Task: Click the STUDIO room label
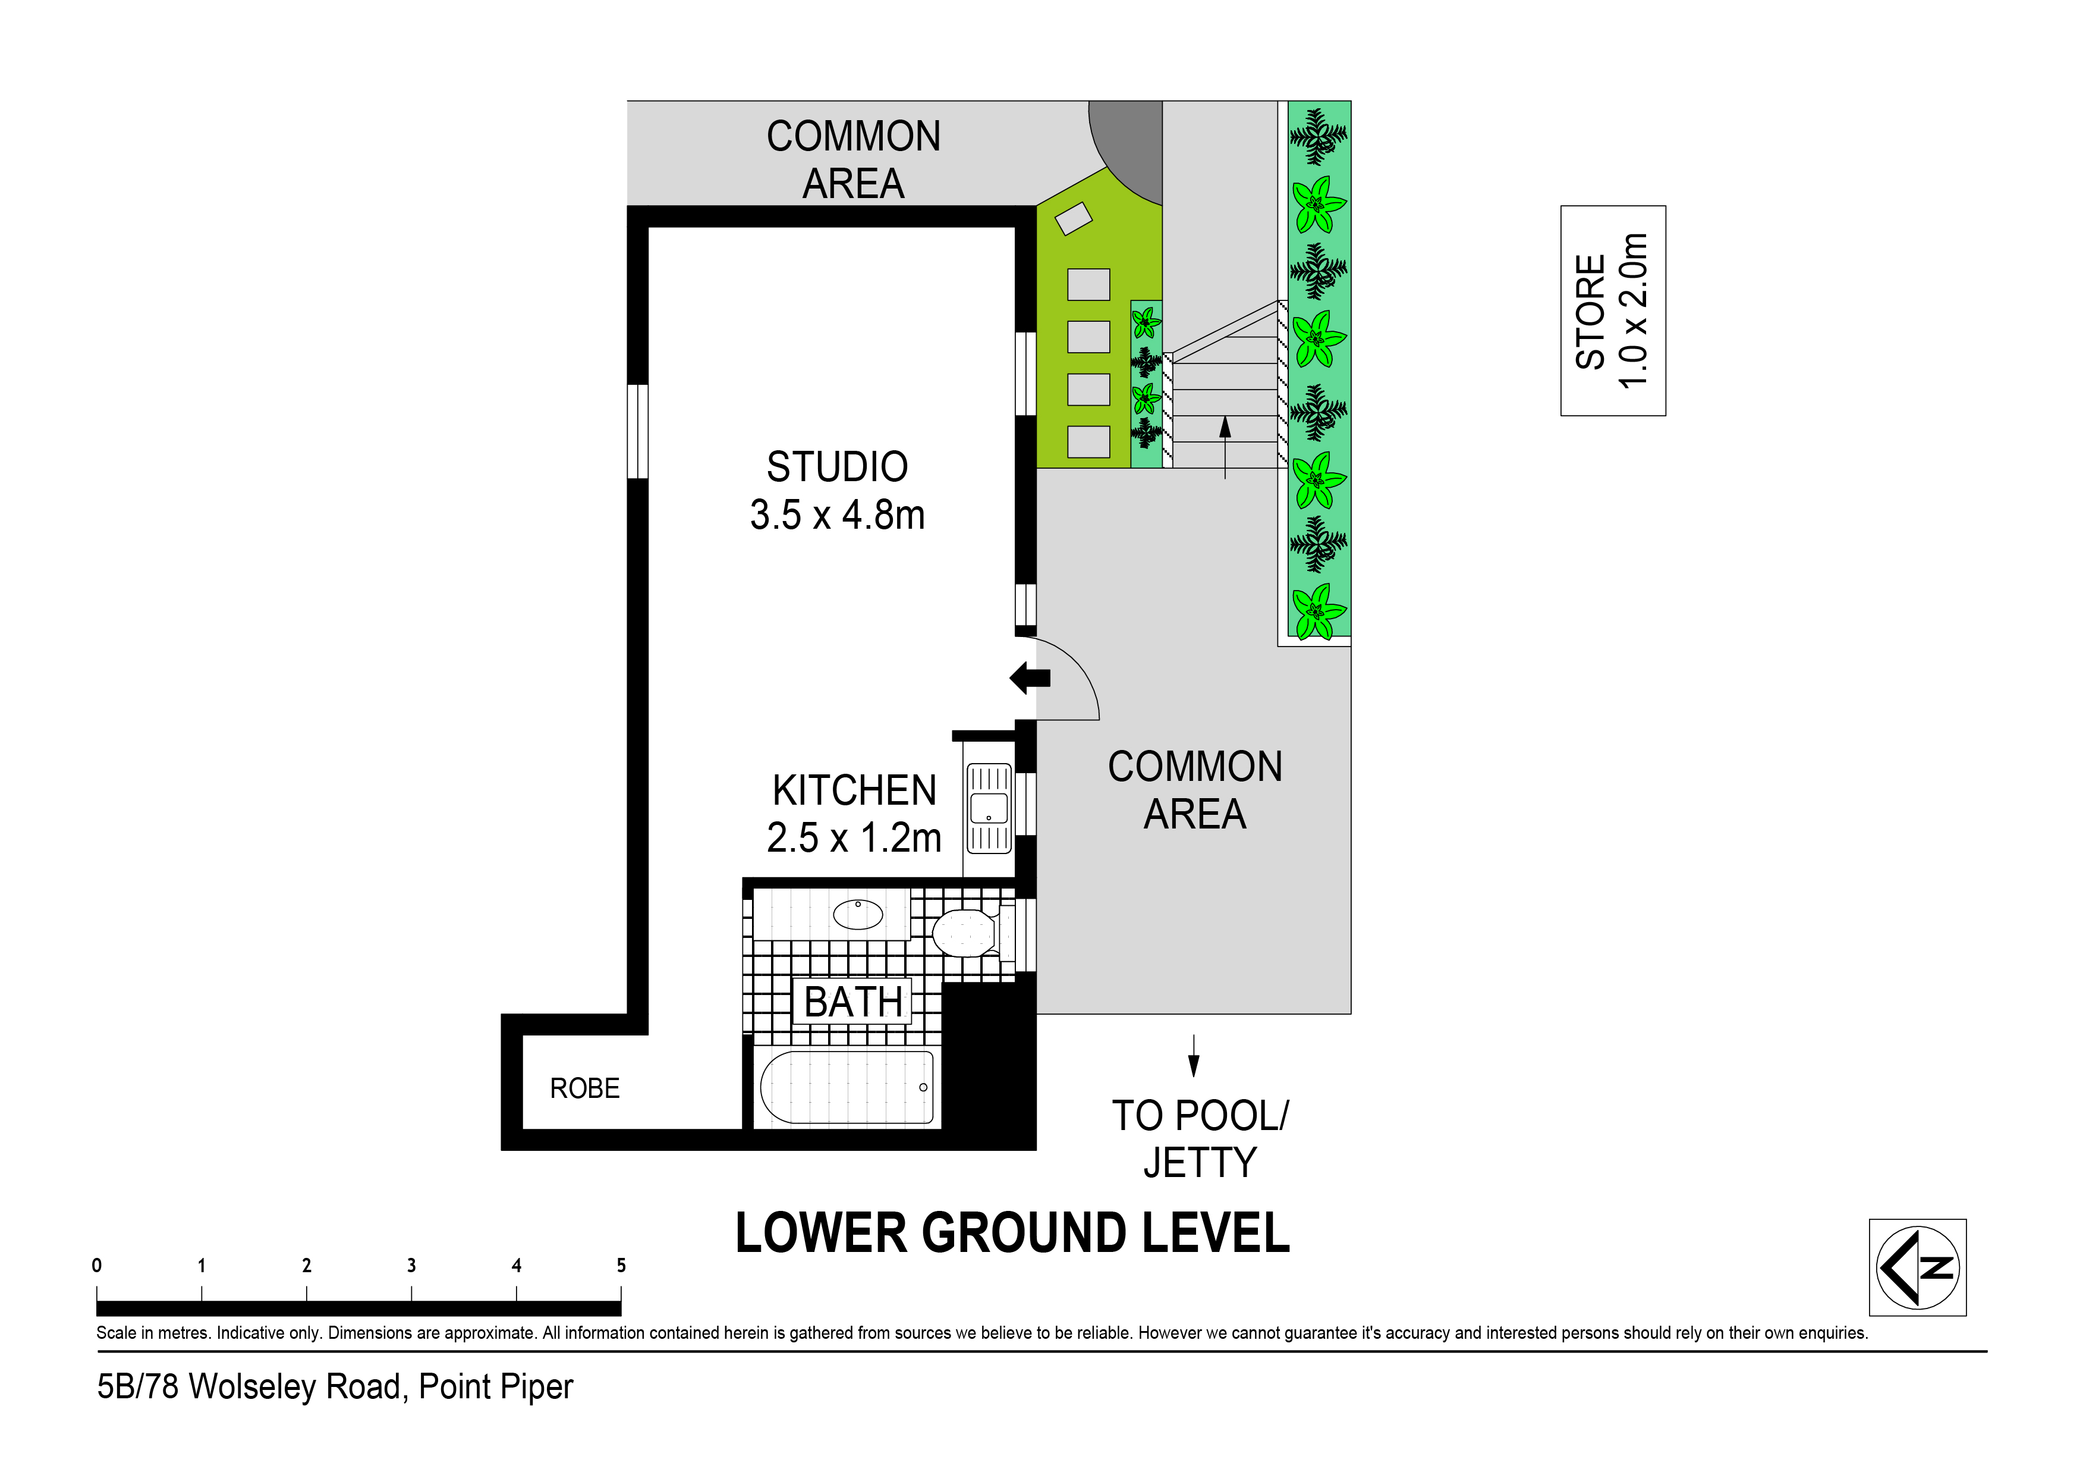837,467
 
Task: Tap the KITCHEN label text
854,790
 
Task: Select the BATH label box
852,1002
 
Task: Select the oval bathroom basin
858,914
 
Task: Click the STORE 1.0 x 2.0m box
1613,311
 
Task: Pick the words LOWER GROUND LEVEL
1012,1234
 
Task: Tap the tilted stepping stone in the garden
1073,218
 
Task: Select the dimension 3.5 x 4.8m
837,515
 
